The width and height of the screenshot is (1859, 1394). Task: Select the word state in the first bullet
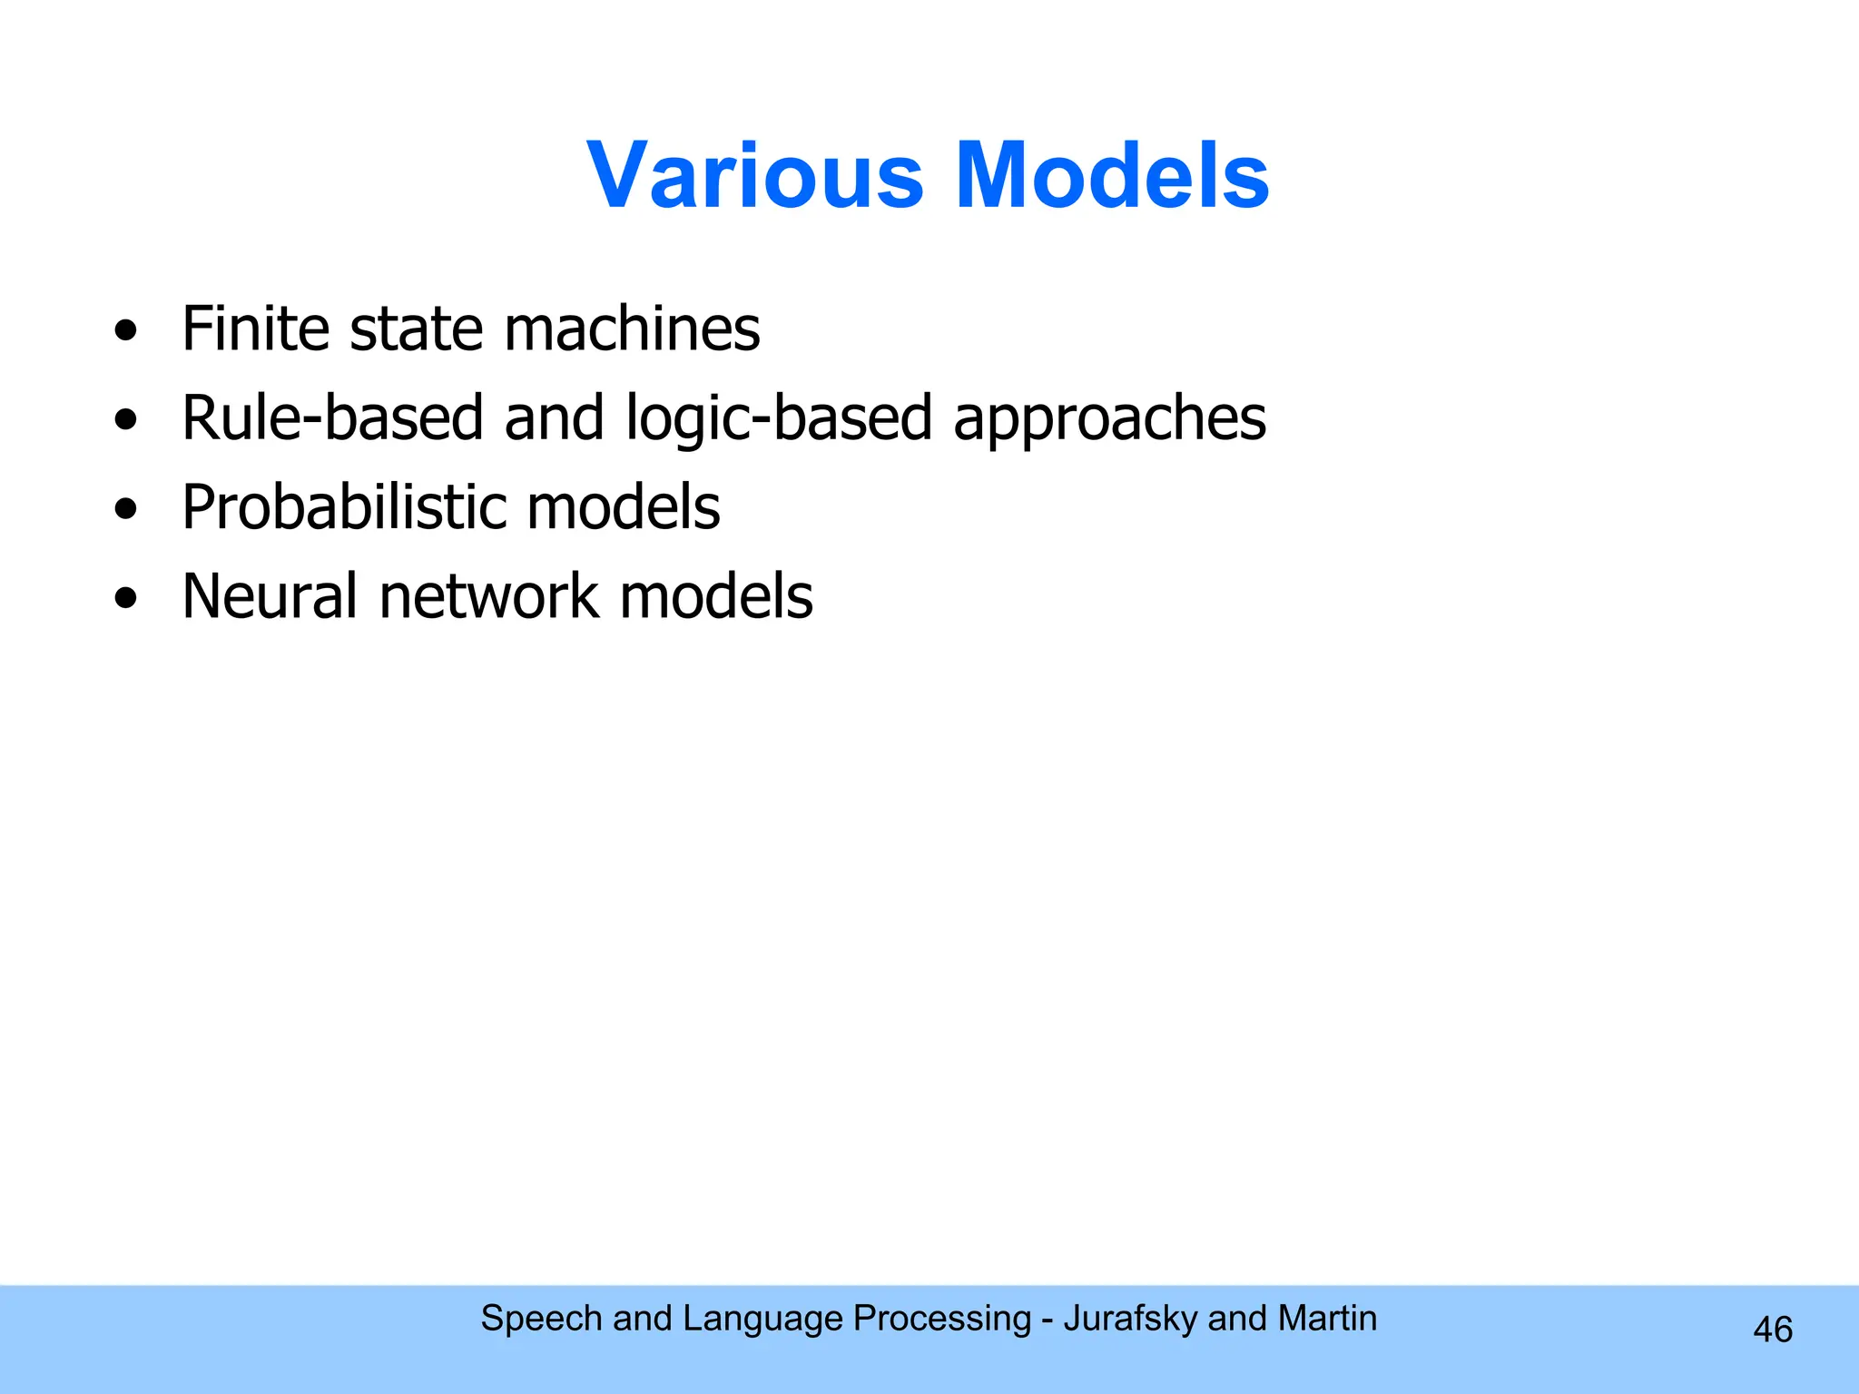point(416,329)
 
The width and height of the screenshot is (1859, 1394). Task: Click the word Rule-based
point(332,417)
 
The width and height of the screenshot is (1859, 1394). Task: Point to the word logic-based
point(779,419)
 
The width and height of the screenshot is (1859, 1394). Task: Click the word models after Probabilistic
point(624,506)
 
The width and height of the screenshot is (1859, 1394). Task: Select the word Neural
point(270,596)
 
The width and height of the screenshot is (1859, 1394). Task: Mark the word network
point(488,596)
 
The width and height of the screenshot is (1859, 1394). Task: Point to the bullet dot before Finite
point(126,331)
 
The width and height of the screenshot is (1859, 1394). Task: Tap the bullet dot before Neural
point(126,599)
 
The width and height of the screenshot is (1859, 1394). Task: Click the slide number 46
point(1772,1330)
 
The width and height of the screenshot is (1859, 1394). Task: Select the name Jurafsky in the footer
point(1130,1319)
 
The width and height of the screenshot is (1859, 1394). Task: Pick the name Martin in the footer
point(1327,1318)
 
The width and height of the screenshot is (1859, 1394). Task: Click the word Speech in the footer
point(541,1319)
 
